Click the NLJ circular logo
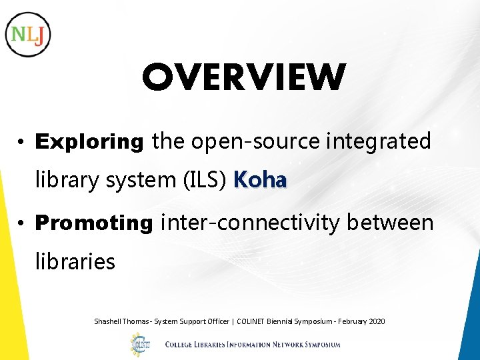[28, 34]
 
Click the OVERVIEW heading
[243, 77]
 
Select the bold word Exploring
[89, 142]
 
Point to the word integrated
[379, 142]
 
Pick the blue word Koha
[261, 181]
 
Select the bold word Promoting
[94, 223]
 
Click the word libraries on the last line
[75, 261]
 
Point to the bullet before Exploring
[22, 143]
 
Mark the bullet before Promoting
[22, 223]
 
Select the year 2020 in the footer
[376, 321]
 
